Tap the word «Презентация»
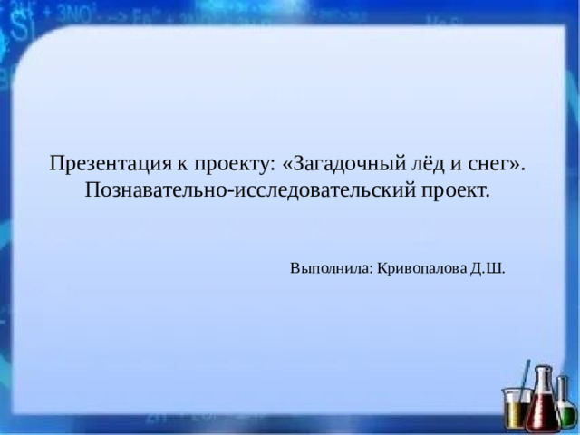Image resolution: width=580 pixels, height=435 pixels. click(108, 164)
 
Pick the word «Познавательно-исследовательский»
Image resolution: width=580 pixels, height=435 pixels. click(250, 191)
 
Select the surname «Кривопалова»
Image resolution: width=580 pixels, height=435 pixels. click(421, 269)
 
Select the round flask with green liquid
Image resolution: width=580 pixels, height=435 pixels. click(568, 414)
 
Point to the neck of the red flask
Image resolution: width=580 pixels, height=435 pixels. click(542, 379)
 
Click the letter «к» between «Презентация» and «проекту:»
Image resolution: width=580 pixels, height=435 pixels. click(182, 165)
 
